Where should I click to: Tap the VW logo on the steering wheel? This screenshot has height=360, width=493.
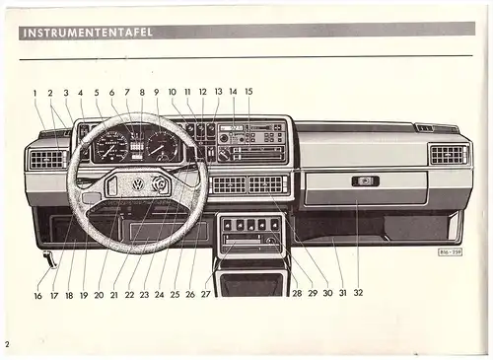[x=138, y=183]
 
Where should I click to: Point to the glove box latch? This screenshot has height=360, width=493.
[x=365, y=180]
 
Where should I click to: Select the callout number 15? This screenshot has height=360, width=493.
[x=248, y=93]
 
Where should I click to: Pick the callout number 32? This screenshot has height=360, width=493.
[x=358, y=293]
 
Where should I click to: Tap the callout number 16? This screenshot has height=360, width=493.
[x=37, y=295]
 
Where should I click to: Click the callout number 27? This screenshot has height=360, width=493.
[x=206, y=294]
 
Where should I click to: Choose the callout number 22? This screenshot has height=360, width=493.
[x=129, y=294]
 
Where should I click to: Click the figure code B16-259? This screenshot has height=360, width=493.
[x=453, y=252]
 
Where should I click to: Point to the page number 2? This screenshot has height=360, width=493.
[x=6, y=344]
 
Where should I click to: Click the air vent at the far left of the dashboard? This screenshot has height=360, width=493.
[x=47, y=158]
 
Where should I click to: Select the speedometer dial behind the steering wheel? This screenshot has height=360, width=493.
[x=113, y=148]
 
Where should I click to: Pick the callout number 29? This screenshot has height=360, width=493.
[x=311, y=293]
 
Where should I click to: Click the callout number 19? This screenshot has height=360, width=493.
[x=84, y=294]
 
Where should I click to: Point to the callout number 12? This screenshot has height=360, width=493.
[x=202, y=93]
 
